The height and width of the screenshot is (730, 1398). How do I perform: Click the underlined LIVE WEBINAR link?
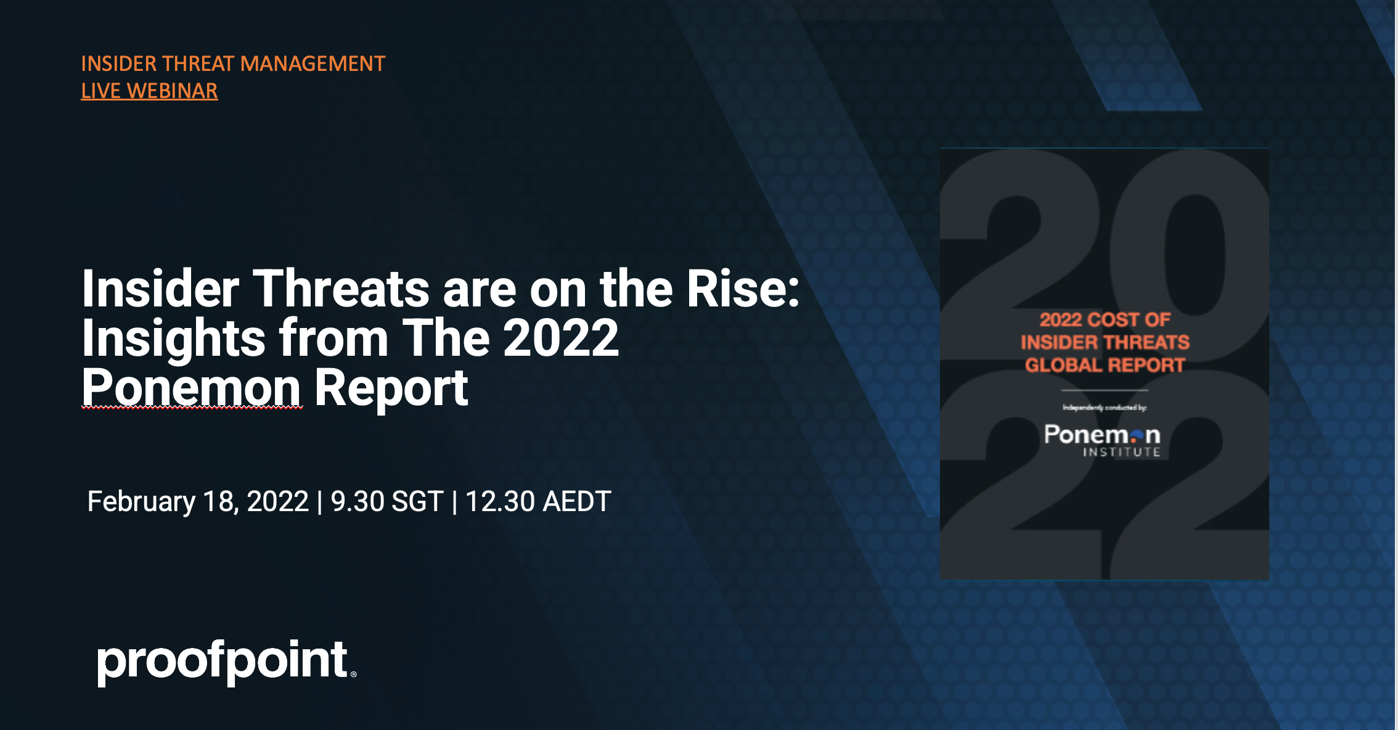coord(149,91)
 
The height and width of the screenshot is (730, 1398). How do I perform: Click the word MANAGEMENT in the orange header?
coord(313,64)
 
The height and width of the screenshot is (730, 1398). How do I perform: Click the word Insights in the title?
coord(173,338)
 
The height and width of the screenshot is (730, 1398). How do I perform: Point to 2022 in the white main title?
coord(560,338)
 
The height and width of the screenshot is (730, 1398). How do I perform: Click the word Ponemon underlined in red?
coord(191,388)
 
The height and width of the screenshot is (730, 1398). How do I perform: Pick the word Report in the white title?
coord(391,388)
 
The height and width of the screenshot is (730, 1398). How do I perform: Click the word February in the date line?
coord(141,501)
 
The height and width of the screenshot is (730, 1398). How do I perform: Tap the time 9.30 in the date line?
coord(357,501)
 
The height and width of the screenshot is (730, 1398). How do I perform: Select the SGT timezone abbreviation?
coord(417,501)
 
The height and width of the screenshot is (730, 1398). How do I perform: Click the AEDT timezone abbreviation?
coord(577,501)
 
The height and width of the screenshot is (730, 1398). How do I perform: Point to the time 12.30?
coord(499,501)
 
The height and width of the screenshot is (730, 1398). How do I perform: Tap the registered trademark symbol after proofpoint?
coord(353,675)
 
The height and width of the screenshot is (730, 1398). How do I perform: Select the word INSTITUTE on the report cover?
coord(1122,453)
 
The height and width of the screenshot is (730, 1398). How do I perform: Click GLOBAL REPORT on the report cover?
coord(1105,365)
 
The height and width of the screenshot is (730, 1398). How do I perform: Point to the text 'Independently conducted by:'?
coord(1104,408)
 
